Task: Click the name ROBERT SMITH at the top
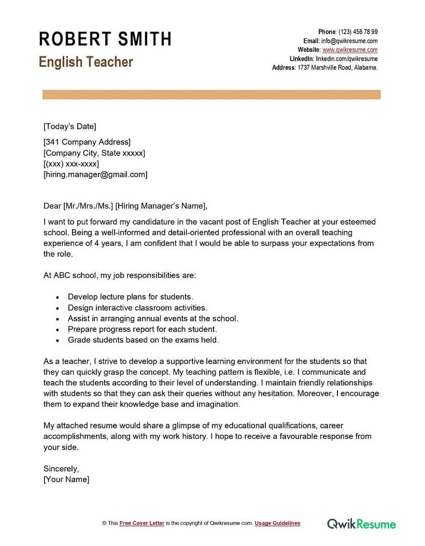click(105, 39)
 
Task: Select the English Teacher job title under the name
click(86, 62)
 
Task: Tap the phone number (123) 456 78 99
click(358, 32)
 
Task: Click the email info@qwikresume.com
click(349, 41)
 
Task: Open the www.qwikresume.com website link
click(350, 50)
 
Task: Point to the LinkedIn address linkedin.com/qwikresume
click(346, 58)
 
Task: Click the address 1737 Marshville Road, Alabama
click(337, 67)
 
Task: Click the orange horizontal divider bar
click(211, 95)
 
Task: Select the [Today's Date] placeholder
click(70, 126)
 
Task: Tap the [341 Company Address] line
click(87, 142)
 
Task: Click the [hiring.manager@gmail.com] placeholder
click(95, 174)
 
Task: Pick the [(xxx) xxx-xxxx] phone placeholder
click(71, 164)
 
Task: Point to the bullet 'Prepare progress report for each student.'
click(142, 329)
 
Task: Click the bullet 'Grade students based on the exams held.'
click(143, 340)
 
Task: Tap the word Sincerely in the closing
click(61, 469)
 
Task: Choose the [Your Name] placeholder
click(66, 479)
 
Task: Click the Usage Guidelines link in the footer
click(277, 523)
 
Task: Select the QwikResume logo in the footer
click(361, 524)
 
